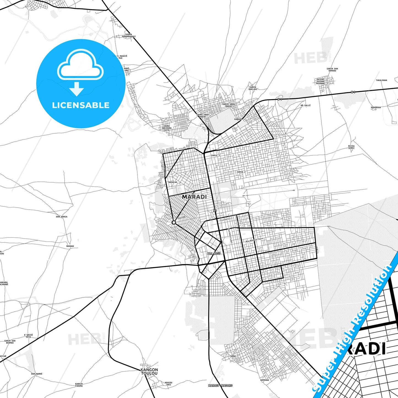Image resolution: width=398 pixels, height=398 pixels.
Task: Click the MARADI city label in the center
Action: point(194,197)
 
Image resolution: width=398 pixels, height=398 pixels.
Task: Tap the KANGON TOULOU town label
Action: point(149,372)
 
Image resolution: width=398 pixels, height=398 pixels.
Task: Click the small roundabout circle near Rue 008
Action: point(174,222)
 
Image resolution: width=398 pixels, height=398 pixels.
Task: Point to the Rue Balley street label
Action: point(225,220)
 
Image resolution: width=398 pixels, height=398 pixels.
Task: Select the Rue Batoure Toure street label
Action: point(254,240)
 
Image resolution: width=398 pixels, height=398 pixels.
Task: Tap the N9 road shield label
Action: point(215,211)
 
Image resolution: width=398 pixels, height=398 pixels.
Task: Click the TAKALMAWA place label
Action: point(381,80)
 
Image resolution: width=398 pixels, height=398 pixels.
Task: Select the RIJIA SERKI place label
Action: point(351,147)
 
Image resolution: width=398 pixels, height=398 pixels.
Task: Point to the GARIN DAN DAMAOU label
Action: point(332,70)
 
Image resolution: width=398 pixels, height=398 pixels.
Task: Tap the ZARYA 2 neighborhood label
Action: point(241,172)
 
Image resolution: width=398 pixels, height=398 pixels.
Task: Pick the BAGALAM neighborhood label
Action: point(173,182)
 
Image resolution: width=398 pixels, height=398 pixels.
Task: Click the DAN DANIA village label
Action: point(62,217)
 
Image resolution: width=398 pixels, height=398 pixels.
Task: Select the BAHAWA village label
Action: point(70,246)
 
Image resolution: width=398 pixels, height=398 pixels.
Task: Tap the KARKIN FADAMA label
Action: point(79,385)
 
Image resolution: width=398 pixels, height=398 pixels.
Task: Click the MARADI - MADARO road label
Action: point(220,385)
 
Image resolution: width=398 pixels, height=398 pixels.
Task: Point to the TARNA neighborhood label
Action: point(232,356)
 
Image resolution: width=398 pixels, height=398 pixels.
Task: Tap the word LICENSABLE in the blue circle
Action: point(81,105)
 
